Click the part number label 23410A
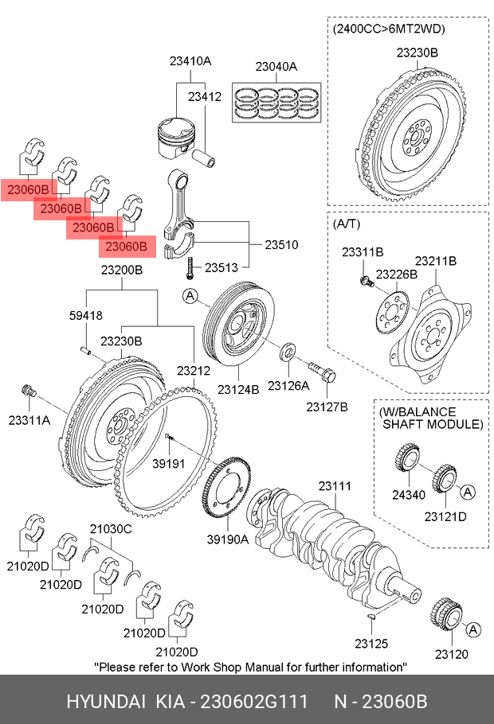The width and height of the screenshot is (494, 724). pos(190,60)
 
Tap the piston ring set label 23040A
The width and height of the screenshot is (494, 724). pos(276,67)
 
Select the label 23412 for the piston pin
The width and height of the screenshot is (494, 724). pos(205,96)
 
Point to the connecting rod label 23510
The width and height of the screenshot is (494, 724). pos(281,245)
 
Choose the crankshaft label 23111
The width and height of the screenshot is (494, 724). pos(335,486)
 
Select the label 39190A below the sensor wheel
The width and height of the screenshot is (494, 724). pos(228,539)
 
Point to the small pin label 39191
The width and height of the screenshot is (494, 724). pos(169,463)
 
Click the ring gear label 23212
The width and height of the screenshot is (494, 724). pos(194,370)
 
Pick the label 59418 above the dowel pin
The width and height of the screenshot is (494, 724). pos(85,315)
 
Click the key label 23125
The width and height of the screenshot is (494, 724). pos(371,642)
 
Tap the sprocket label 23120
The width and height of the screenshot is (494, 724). pos(452,654)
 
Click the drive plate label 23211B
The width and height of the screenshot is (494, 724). pos(435,260)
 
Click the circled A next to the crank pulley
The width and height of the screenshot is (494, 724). pos(190,297)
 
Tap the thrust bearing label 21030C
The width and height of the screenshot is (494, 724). pos(110,528)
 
